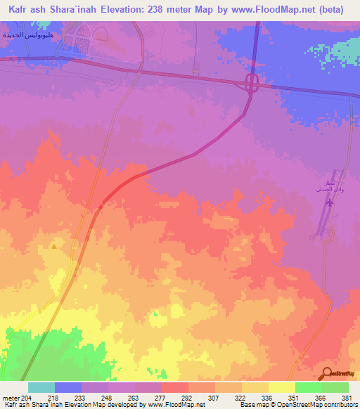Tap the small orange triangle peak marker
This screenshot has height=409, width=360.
[x=54, y=246]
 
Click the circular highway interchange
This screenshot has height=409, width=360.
[x=251, y=83]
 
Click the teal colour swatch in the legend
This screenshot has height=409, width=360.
[x=41, y=387]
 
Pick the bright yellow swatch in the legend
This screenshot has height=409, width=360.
[x=281, y=387]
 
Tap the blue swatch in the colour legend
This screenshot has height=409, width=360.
[x=67, y=387]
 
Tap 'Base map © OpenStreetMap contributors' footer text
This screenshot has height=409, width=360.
[x=297, y=405]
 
